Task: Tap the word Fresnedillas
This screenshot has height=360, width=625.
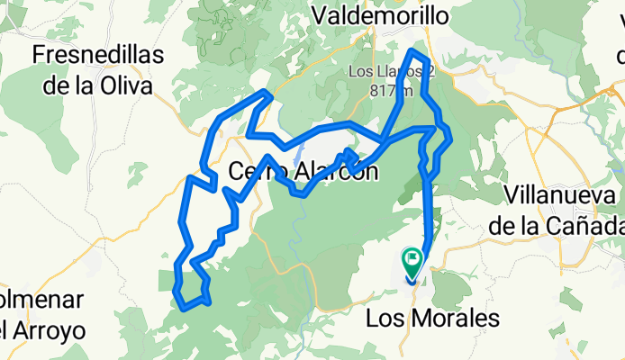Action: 97,56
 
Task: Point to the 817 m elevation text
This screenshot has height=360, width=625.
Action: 391,90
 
